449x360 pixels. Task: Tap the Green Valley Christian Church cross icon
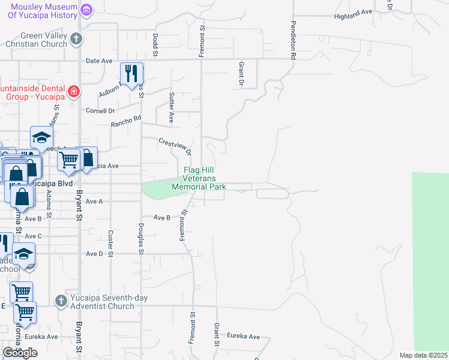point(76,39)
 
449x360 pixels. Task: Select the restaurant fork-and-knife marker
point(131,74)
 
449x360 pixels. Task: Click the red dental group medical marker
point(74,91)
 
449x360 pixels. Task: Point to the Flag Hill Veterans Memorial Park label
point(199,178)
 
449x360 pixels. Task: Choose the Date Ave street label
point(100,61)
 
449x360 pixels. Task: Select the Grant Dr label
point(241,73)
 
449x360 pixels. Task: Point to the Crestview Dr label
point(175,145)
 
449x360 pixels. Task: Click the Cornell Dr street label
point(100,110)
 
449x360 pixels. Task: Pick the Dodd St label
point(155,45)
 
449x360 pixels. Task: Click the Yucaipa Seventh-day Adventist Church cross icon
point(60,301)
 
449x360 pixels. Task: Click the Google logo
point(20,353)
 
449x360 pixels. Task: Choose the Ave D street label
point(94,254)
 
